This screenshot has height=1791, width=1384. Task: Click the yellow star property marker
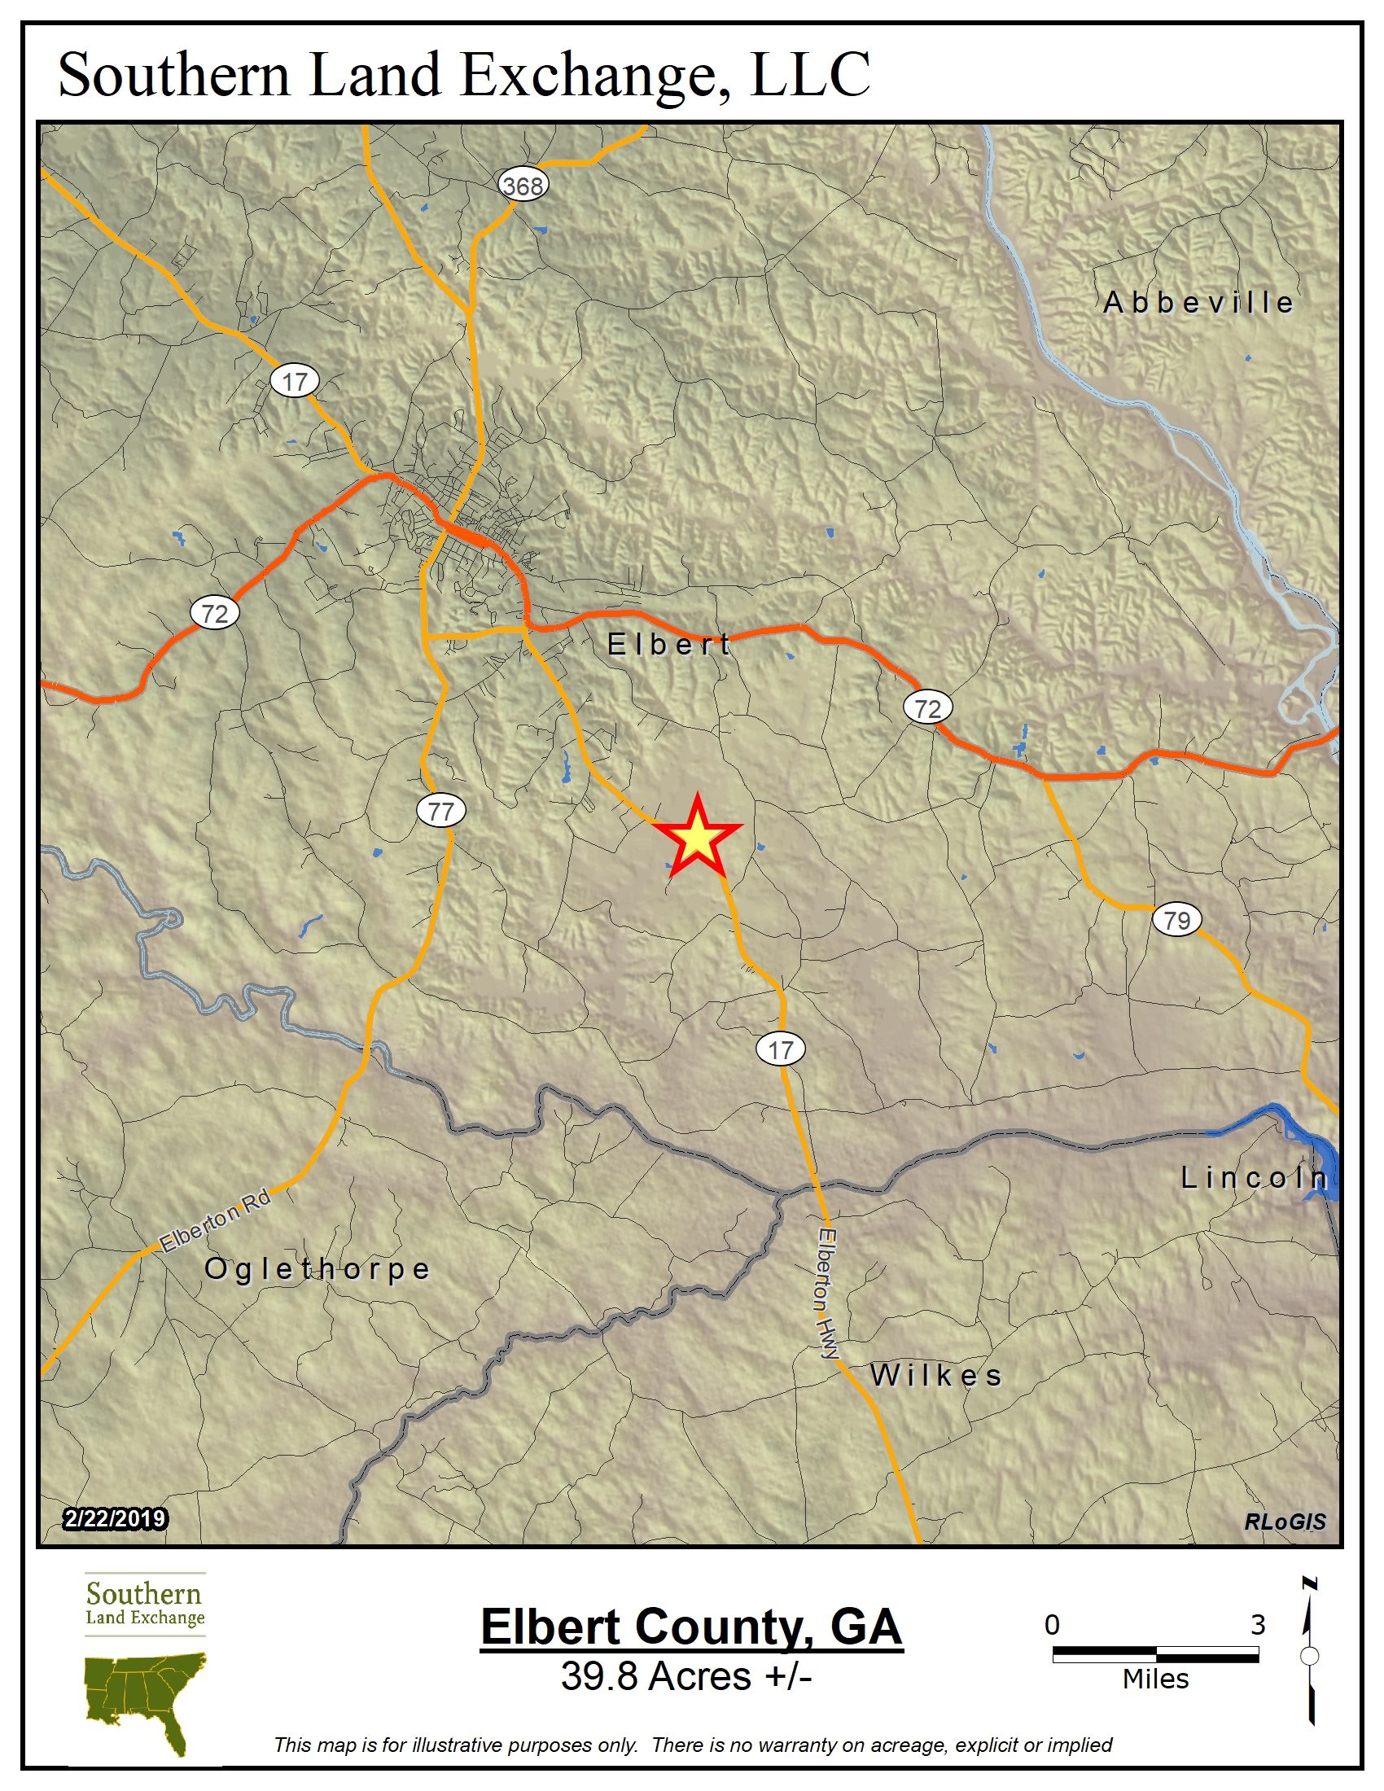[x=696, y=837]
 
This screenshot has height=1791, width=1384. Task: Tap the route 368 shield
[x=523, y=186]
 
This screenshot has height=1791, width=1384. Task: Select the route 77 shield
[x=441, y=811]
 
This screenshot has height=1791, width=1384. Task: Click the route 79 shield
[x=1176, y=919]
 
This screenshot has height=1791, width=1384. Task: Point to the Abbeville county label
[x=1198, y=303]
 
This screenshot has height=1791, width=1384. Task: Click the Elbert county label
[x=669, y=645]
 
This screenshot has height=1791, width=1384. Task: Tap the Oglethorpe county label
[x=318, y=1268]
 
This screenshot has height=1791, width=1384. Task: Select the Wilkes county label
[x=936, y=1375]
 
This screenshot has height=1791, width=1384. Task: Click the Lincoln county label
[x=1255, y=1179]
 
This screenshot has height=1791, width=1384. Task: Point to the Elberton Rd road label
[x=215, y=1221]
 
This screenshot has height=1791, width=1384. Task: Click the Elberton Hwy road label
[x=828, y=1294]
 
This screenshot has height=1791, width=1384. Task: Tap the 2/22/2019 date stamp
[x=115, y=1519]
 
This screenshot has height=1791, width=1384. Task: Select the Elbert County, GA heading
[x=691, y=1627]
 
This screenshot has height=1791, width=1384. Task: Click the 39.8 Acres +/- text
[x=686, y=1676]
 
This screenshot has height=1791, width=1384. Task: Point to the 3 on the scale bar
[x=1258, y=1625]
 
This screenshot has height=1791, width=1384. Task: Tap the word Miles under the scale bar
[x=1155, y=1679]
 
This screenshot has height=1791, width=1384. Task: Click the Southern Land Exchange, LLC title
[x=464, y=74]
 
